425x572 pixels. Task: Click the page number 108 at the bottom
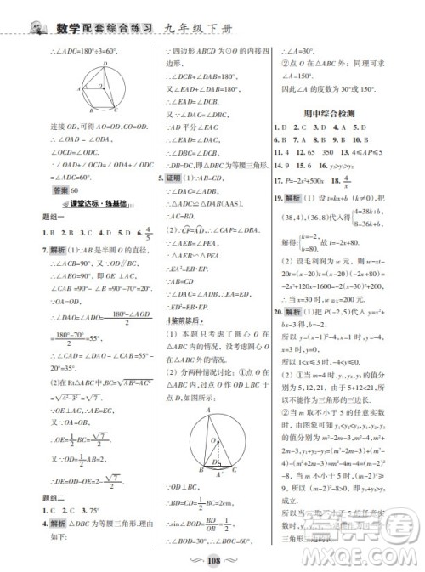[213, 561]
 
